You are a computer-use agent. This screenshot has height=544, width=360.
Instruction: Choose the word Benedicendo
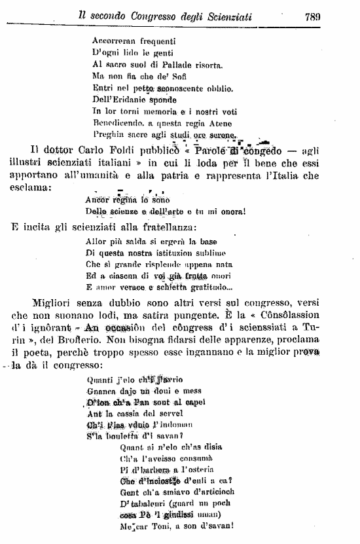(x=120, y=123)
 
